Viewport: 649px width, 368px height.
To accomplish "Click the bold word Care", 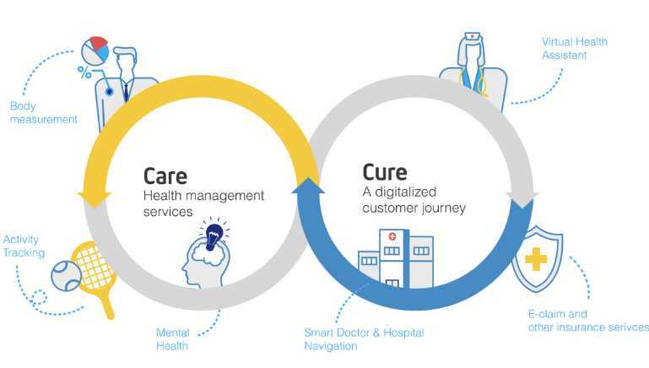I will pos(165,175).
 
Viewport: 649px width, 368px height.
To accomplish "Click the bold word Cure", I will pos(385,172).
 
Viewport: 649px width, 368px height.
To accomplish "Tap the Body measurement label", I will pos(43,112).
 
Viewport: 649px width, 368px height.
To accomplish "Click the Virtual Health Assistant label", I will pos(574,48).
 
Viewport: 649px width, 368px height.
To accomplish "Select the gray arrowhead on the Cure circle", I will pos(522,200).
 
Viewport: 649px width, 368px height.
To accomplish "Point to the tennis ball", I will pos(64,274).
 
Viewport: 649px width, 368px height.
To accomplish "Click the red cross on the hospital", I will pos(392,238).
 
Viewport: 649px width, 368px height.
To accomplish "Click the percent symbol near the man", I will pos(85,71).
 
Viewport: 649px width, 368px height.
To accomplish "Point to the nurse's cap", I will pos(473,38).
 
